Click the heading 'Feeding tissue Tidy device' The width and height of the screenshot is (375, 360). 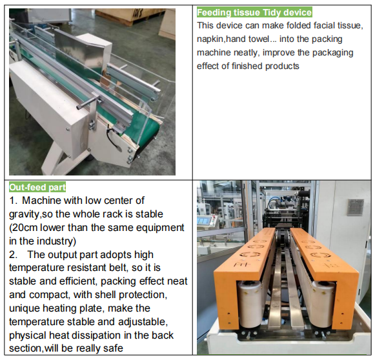pyautogui.click(x=254, y=12)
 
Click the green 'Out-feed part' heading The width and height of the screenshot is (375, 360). pyautogui.click(x=37, y=187)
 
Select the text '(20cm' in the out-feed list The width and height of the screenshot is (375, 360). pyautogui.click(x=23, y=228)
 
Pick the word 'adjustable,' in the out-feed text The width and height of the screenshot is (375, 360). pyautogui.click(x=143, y=322)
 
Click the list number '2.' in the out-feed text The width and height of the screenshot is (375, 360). pyautogui.click(x=13, y=255)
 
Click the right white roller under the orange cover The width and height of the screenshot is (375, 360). pyautogui.click(x=323, y=304)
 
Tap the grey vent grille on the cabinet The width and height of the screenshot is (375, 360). pyautogui.click(x=356, y=207)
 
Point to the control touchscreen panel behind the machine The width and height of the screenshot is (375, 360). pyautogui.click(x=207, y=220)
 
